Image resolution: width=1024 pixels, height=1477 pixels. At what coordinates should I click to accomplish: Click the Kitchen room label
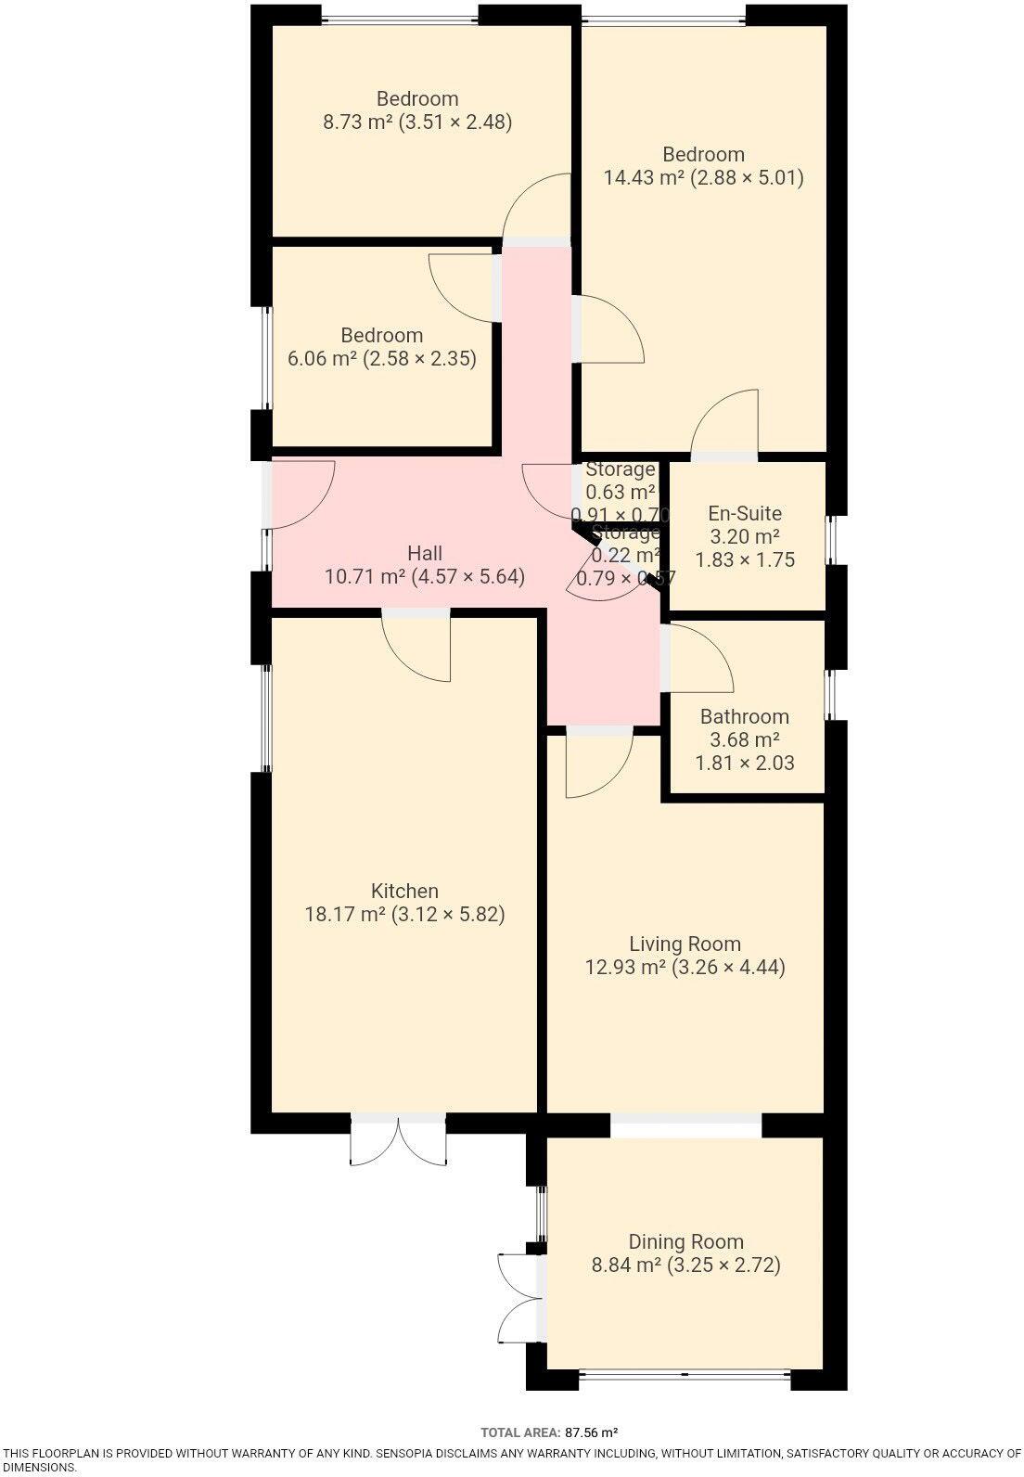[x=404, y=891]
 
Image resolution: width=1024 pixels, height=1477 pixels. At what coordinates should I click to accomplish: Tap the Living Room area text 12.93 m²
[x=626, y=968]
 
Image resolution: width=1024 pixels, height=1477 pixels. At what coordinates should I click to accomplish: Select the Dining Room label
[x=685, y=1241]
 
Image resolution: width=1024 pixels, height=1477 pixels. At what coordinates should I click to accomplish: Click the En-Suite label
[x=745, y=513]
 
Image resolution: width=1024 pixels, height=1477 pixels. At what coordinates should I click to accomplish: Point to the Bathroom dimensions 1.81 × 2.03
[x=745, y=764]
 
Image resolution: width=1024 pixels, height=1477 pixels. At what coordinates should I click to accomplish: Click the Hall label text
[x=425, y=553]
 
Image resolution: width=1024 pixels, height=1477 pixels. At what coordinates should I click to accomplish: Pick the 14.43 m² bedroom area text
[x=644, y=177]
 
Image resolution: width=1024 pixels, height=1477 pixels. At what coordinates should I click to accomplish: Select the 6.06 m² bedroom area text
[x=322, y=358]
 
